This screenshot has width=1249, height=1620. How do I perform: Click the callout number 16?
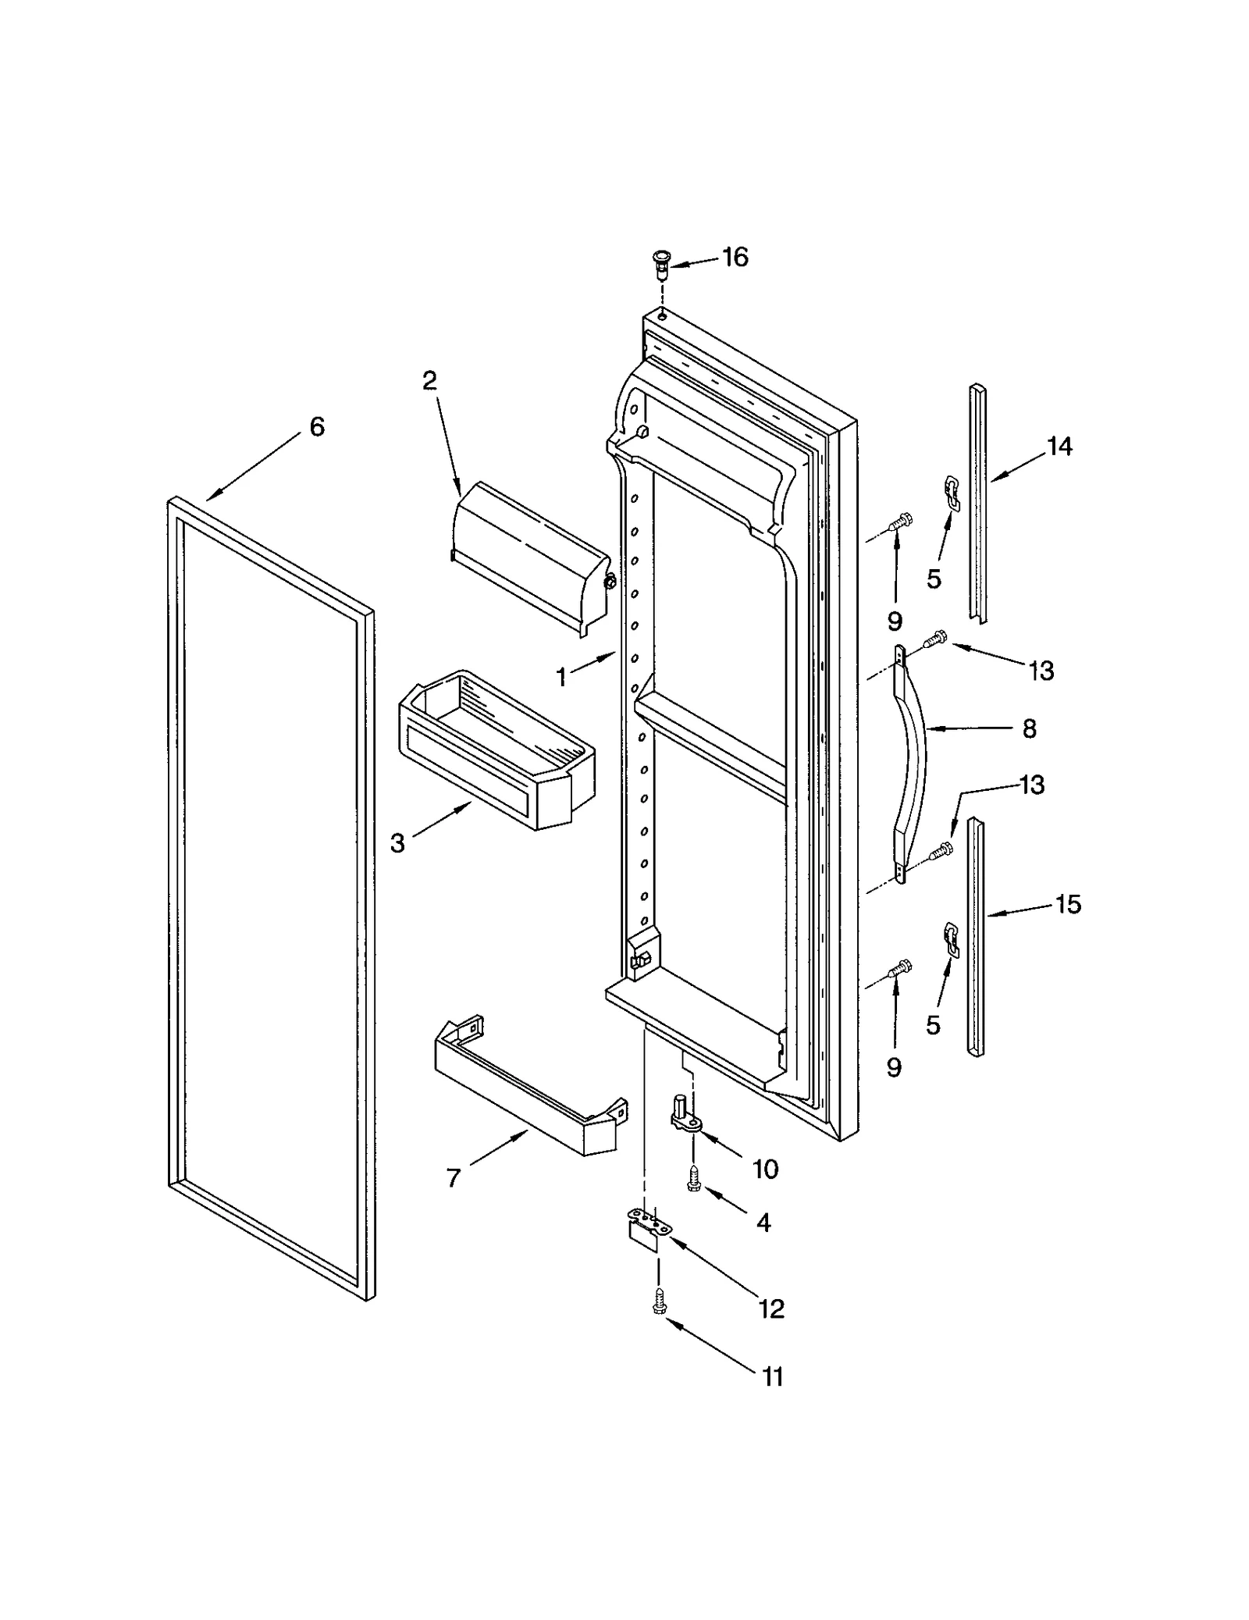(735, 257)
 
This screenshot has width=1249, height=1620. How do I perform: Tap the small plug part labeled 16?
(662, 265)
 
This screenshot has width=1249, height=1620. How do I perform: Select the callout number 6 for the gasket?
(317, 427)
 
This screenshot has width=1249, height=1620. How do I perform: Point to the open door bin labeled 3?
(496, 749)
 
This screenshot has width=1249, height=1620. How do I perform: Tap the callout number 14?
(1059, 447)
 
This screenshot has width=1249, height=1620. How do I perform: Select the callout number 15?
(1068, 904)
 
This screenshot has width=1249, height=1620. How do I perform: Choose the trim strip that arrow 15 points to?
(975, 937)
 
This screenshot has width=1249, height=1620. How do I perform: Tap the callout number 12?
(771, 1309)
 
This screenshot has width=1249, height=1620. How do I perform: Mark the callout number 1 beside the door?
(561, 678)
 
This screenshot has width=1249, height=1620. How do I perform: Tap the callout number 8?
(1029, 729)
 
